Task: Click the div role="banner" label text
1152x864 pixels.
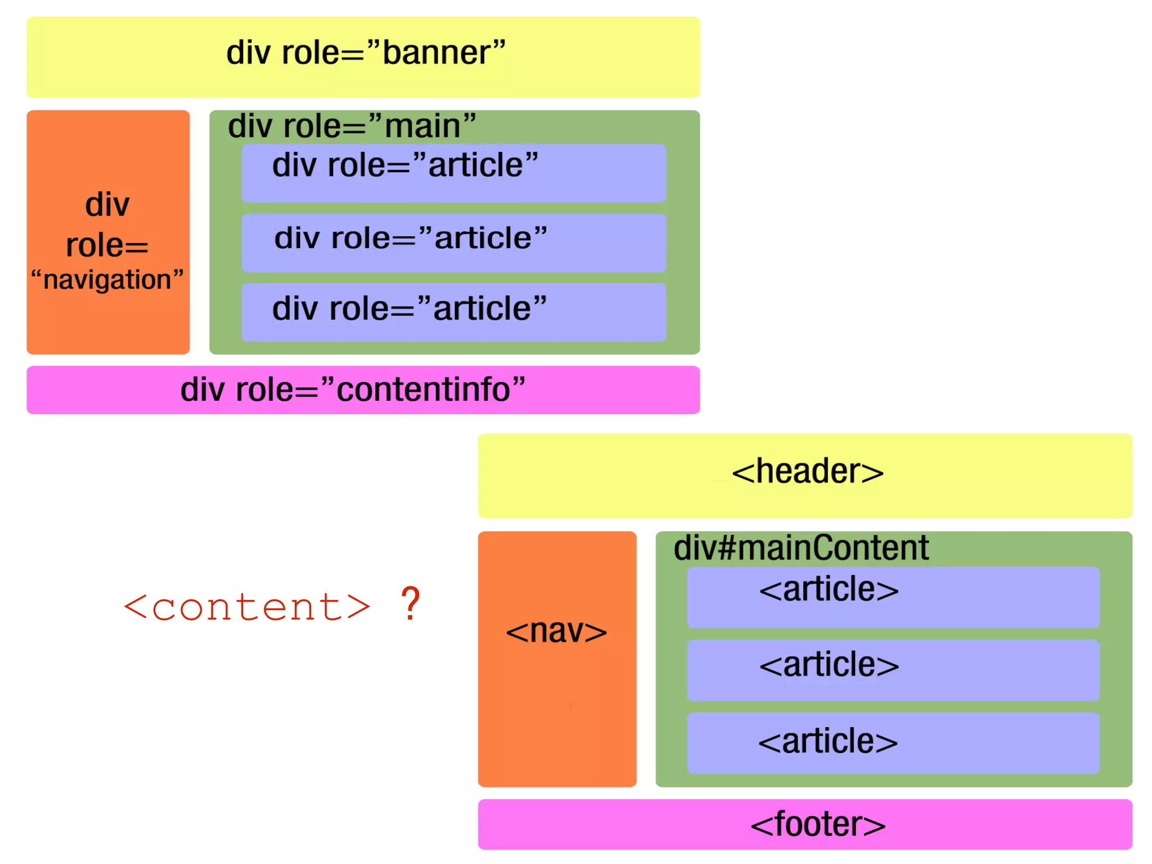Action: [366, 53]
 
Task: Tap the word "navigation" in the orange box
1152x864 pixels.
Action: [107, 280]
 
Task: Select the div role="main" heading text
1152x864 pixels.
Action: [352, 126]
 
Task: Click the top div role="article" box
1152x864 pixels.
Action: [453, 173]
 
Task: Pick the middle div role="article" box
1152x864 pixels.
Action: [453, 243]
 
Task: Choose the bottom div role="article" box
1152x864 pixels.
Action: [453, 312]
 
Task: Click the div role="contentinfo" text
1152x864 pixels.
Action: [353, 390]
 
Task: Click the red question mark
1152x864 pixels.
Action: [411, 604]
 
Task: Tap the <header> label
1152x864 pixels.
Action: [807, 472]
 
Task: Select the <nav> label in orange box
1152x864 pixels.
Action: [556, 631]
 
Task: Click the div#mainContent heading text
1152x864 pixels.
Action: [801, 548]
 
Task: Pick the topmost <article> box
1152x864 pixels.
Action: [893, 597]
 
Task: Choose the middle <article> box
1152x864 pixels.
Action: [893, 670]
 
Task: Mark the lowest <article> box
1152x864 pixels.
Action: [893, 742]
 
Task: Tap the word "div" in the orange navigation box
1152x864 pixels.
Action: [107, 204]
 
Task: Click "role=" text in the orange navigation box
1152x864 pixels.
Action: [107, 245]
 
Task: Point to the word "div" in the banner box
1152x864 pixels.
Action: [248, 53]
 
